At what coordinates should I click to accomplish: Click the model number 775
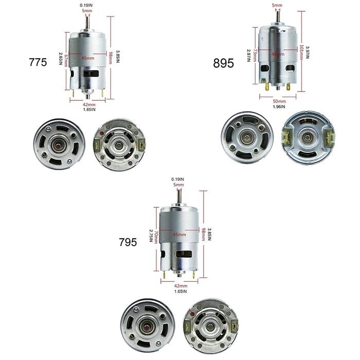pos(38,62)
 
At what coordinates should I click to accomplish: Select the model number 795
pos(128,242)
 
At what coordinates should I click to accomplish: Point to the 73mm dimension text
pos(256,52)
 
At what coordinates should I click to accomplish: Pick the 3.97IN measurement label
pos(308,52)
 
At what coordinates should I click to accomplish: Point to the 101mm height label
pos(301,52)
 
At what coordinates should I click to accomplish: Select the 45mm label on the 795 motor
pos(179,235)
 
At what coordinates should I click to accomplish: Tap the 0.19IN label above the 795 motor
pos(177,179)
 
